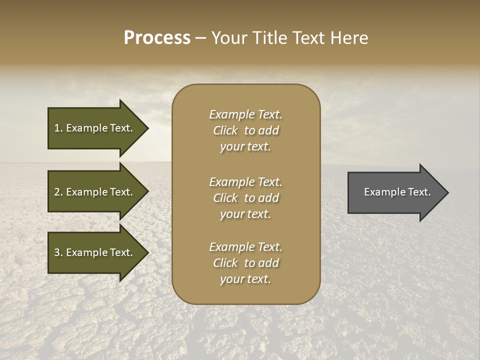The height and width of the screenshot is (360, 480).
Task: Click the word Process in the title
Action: (x=157, y=38)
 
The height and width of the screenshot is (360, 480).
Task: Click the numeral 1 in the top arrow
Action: (x=56, y=128)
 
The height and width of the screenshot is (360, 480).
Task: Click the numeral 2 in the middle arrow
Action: (x=57, y=192)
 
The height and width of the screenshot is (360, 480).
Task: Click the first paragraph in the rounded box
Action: (x=245, y=130)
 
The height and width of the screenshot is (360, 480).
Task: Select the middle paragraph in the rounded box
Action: (x=245, y=198)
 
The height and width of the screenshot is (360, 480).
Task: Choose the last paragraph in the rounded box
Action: (x=245, y=263)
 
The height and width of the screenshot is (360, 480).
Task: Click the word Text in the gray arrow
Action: (x=419, y=192)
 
